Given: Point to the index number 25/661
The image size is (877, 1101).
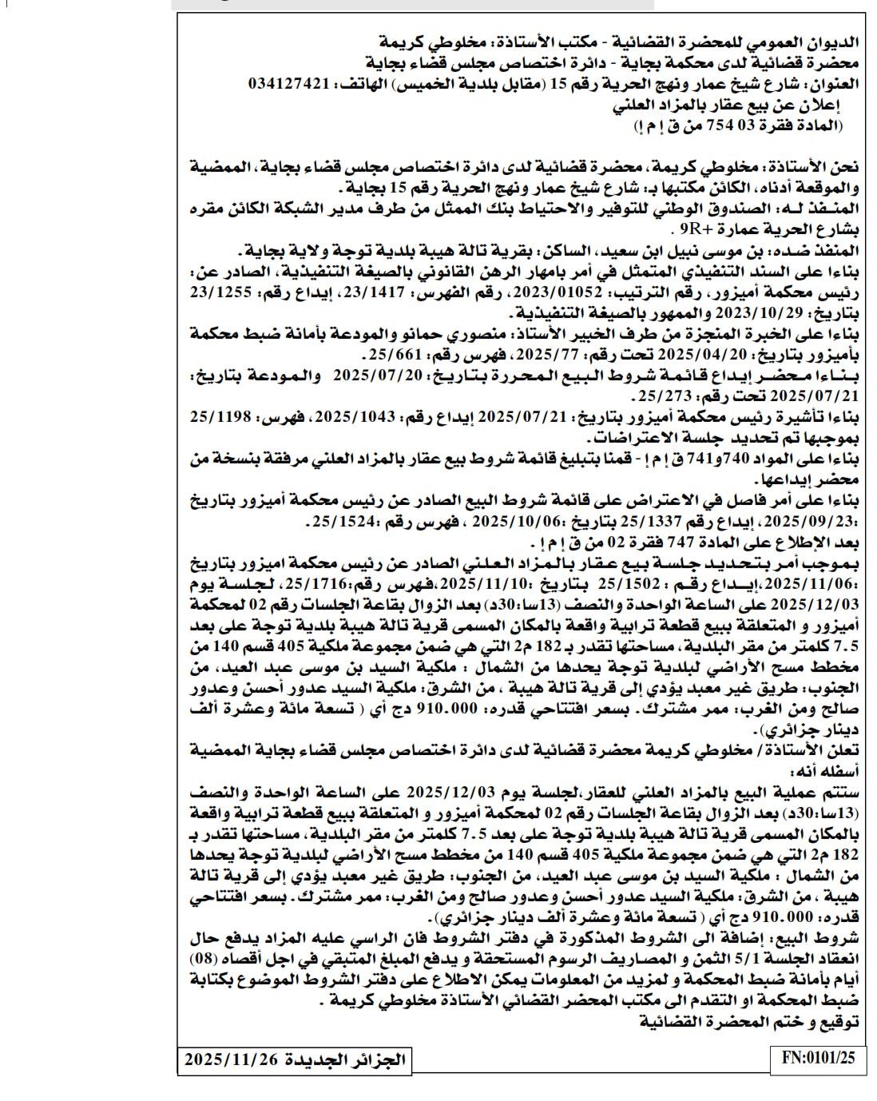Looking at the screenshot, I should pyautogui.click(x=386, y=352).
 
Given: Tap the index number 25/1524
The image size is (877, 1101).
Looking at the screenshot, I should pyautogui.click(x=335, y=523).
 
